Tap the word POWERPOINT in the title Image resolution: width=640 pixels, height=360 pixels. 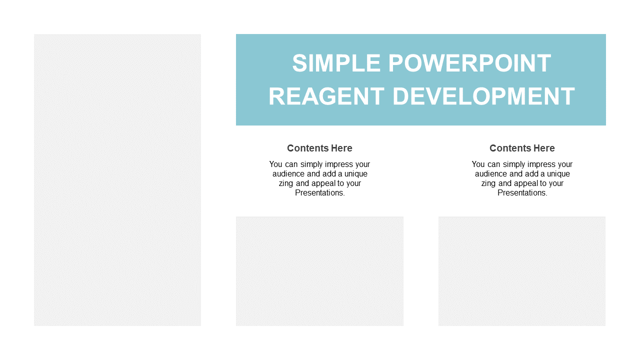click(469, 63)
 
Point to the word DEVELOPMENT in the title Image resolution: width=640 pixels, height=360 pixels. click(483, 96)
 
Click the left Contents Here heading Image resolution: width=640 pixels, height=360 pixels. click(319, 148)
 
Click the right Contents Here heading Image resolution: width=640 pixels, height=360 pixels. click(522, 148)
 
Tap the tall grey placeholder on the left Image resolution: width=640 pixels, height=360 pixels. click(117, 180)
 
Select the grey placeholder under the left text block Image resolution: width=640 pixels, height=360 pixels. click(319, 271)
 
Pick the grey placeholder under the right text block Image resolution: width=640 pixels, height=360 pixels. click(521, 271)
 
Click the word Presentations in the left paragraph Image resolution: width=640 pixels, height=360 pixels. click(318, 193)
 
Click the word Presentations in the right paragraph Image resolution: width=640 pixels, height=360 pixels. click(521, 193)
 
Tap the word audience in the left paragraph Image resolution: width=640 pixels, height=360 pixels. click(288, 173)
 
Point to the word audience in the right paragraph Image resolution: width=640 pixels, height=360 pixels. click(491, 173)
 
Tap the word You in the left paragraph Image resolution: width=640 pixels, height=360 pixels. click(275, 164)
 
